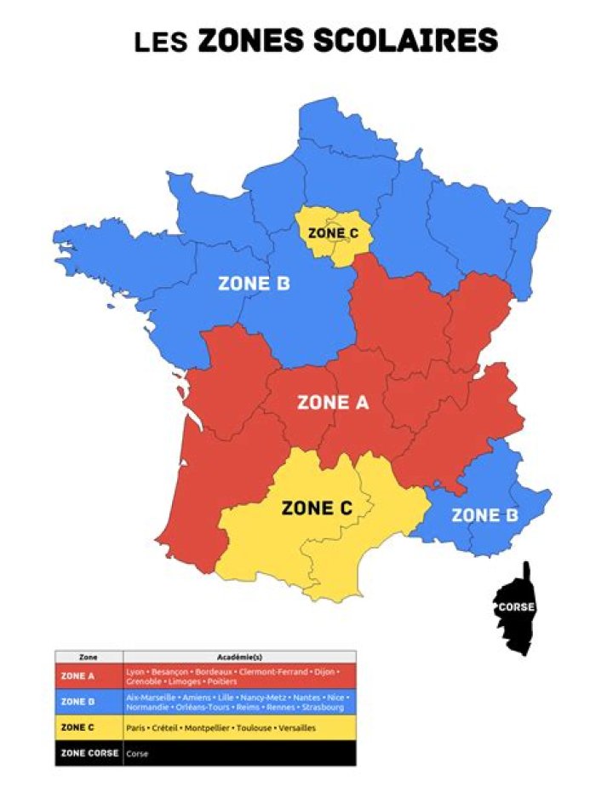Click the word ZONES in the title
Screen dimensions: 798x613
(252, 40)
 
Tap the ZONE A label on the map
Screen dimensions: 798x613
(332, 403)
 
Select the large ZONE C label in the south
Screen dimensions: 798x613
(317, 508)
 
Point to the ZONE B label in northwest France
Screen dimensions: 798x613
(253, 284)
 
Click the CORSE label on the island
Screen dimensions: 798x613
(515, 607)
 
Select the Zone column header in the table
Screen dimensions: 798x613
(89, 657)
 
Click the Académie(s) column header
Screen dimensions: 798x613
(239, 657)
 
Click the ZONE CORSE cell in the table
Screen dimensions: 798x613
(89, 753)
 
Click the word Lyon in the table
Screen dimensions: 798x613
(135, 672)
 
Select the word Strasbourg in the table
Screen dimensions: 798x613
(323, 708)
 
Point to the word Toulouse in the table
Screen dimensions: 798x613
(249, 728)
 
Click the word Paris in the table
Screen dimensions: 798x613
(135, 728)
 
